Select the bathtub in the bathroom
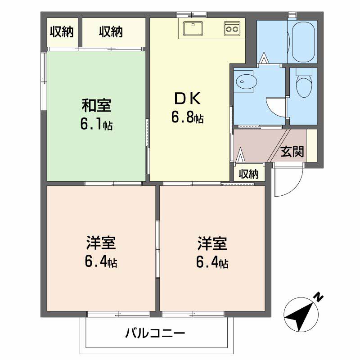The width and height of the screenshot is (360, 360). pos(303,41)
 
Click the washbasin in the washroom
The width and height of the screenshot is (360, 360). pos(246,82)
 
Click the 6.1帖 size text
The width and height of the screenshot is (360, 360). pos(96,124)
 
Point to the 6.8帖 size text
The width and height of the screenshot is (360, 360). pos(187,117)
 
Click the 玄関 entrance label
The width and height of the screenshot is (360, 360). pos(292,152)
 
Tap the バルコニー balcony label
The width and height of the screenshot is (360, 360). pos(155,333)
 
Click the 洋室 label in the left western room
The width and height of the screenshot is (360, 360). pos(101,243)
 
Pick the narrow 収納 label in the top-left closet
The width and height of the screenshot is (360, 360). pos(62,32)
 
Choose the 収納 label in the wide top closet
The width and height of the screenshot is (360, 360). pos(111,32)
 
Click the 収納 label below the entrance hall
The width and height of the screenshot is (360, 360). pos(249,174)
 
